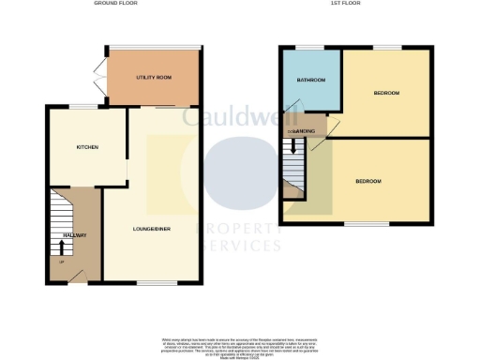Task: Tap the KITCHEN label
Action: (x=87, y=147)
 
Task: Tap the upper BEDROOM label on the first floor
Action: (x=386, y=93)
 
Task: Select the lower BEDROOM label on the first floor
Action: (x=367, y=181)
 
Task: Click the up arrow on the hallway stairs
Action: (x=62, y=247)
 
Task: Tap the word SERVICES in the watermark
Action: (x=238, y=246)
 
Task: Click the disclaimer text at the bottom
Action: (x=239, y=344)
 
